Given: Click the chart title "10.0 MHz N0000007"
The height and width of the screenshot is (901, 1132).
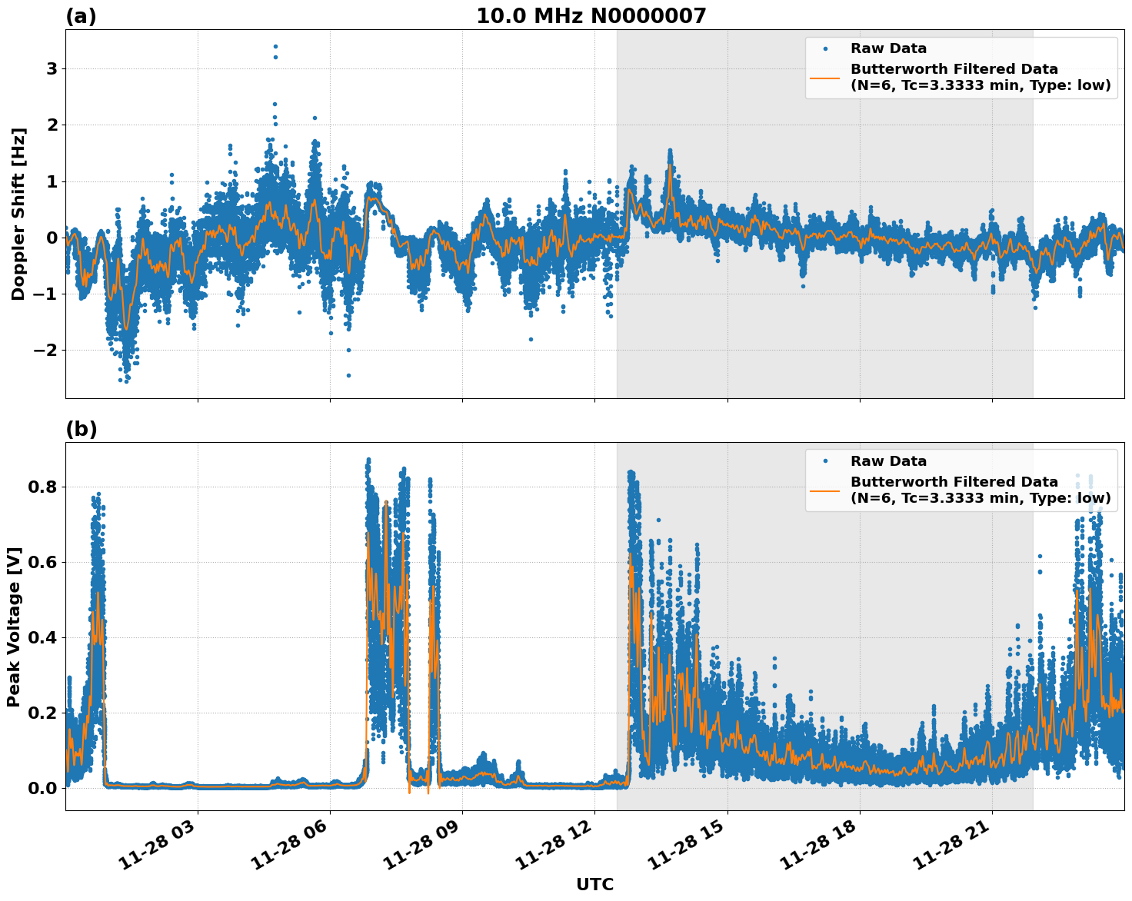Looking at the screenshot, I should pyautogui.click(x=591, y=16).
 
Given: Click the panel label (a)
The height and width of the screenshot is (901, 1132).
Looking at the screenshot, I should pyautogui.click(x=81, y=16).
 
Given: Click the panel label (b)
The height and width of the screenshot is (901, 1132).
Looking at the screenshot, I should pyautogui.click(x=81, y=429).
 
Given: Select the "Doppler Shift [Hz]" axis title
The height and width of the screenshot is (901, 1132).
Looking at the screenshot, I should pyautogui.click(x=18, y=214).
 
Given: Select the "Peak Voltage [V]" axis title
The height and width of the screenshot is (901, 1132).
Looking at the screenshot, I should pyautogui.click(x=14, y=627).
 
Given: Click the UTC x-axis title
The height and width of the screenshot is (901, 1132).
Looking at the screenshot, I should pyautogui.click(x=594, y=884).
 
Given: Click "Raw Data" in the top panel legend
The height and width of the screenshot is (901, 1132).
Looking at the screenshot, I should pyautogui.click(x=888, y=48).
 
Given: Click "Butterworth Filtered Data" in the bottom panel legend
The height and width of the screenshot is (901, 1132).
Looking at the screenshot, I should pyautogui.click(x=954, y=482).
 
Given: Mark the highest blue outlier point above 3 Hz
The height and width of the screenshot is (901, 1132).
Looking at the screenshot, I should pyautogui.click(x=275, y=46).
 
